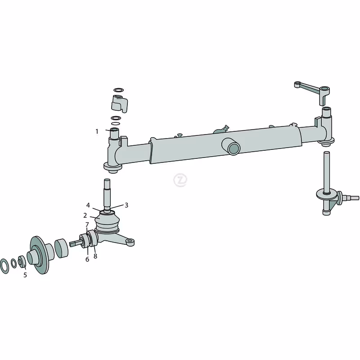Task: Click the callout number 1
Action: (x=97, y=131)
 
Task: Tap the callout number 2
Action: (x=85, y=216)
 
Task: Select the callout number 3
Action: (x=126, y=205)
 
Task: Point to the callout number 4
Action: (x=88, y=205)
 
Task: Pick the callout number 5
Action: (x=25, y=275)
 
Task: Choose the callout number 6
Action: (x=87, y=259)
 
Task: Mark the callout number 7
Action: (x=87, y=225)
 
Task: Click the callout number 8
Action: (x=95, y=256)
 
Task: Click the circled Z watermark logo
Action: (x=180, y=180)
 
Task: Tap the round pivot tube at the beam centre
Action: (x=231, y=147)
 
